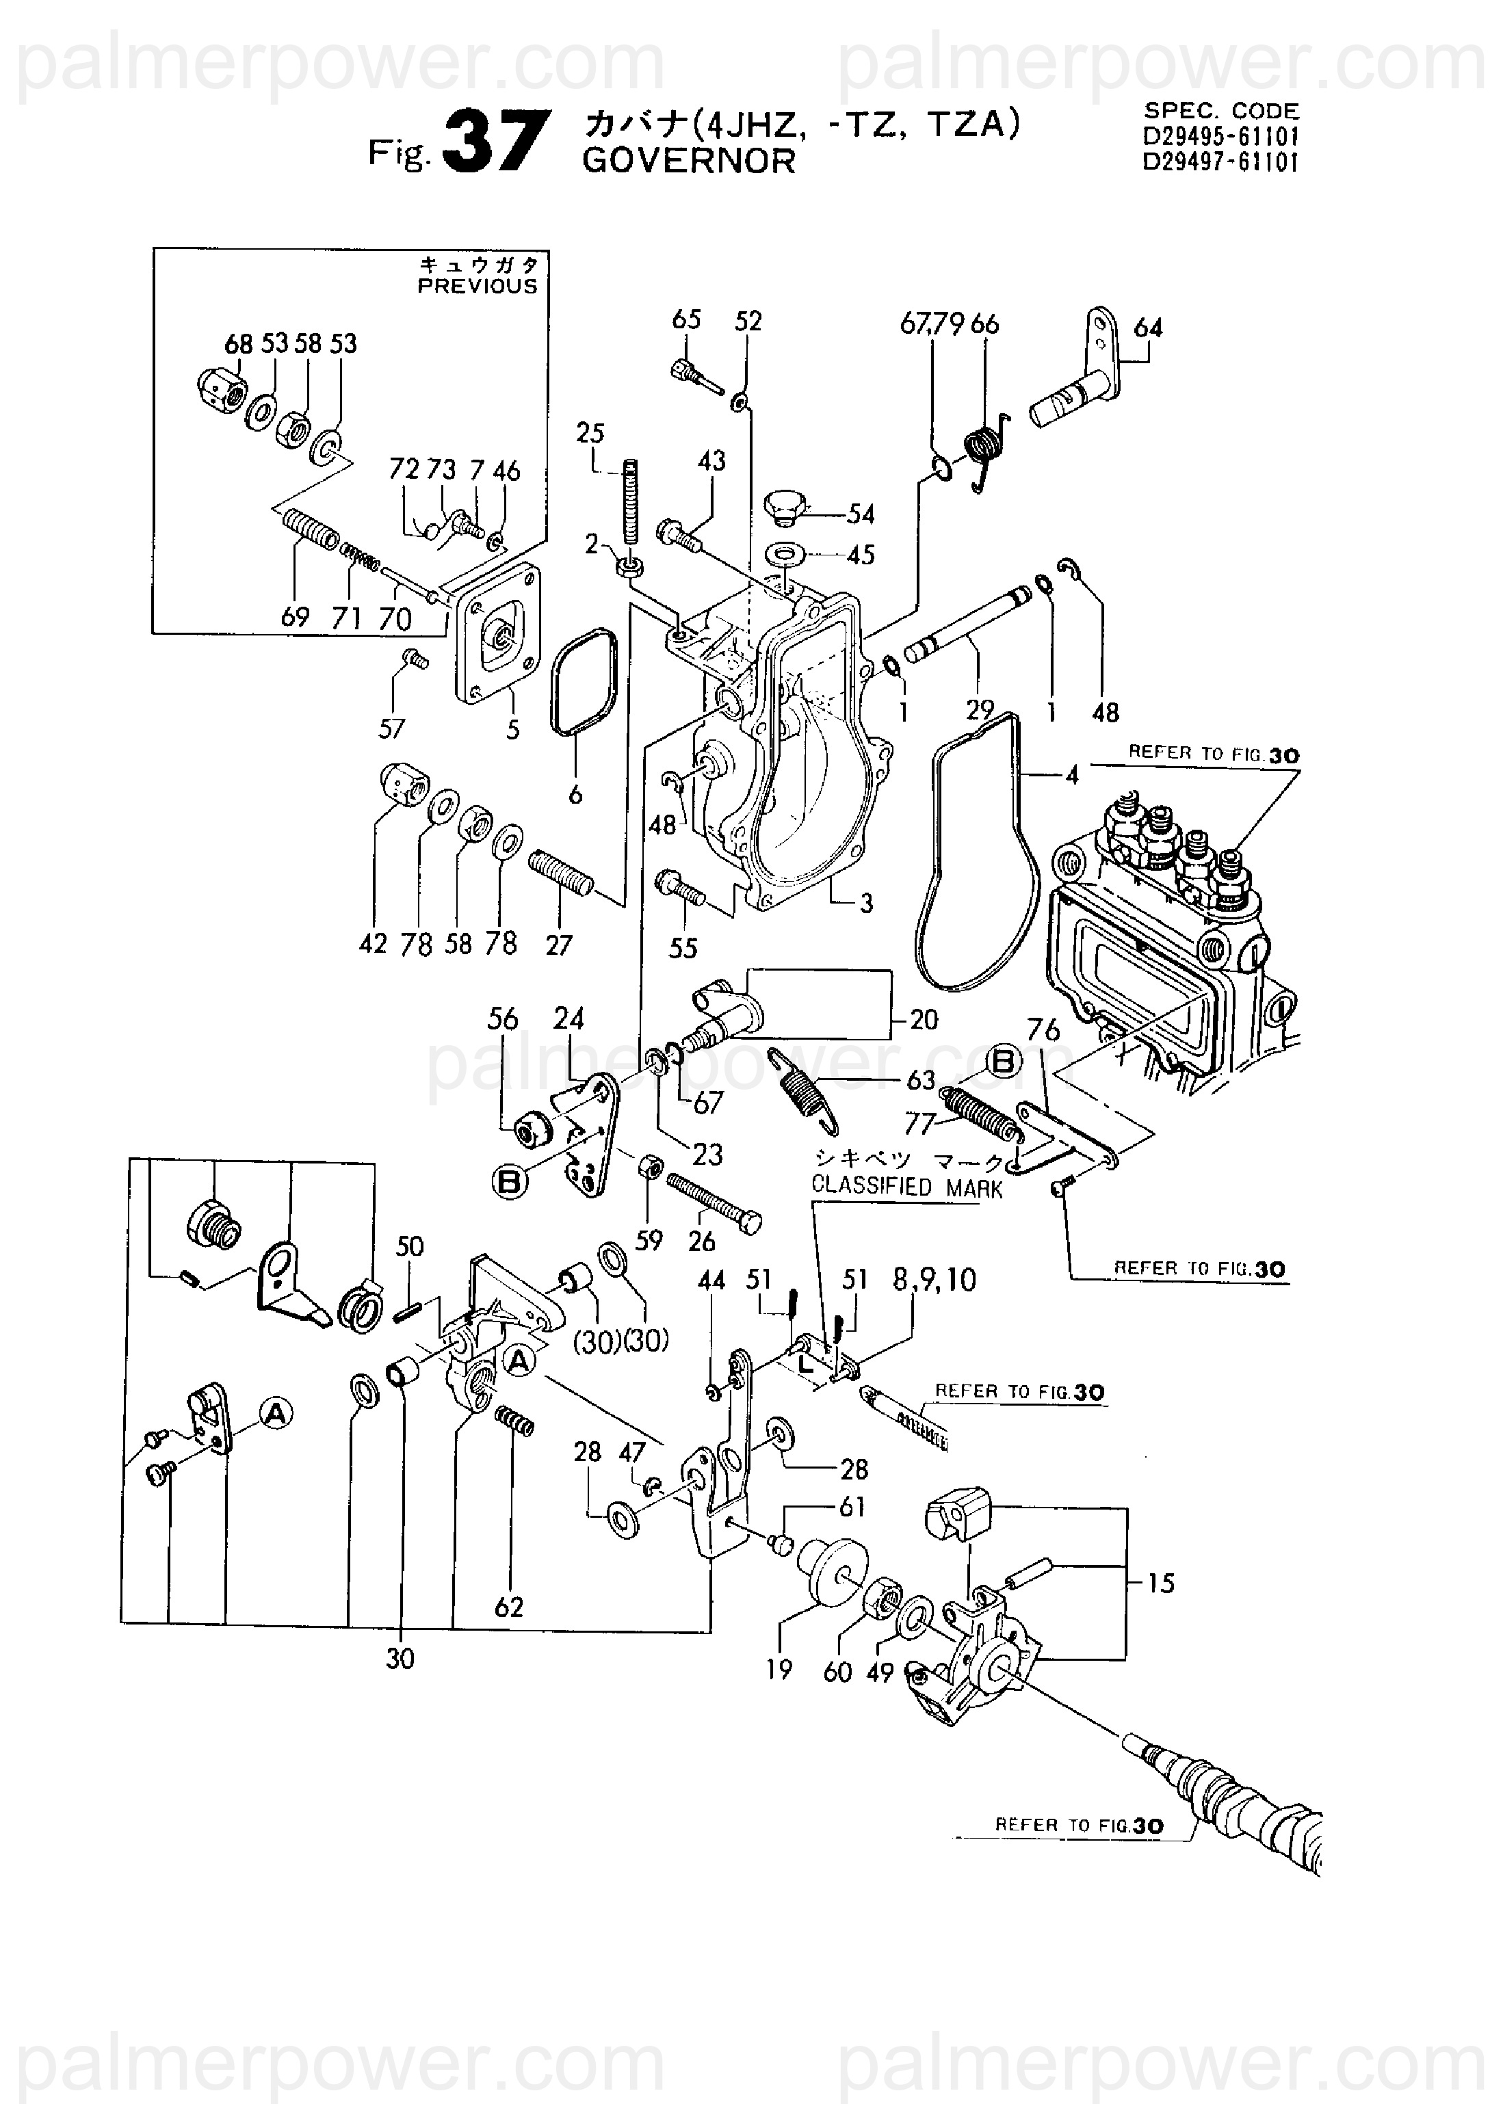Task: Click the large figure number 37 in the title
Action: point(496,142)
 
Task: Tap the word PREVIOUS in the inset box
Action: point(477,286)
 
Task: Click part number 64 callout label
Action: point(1148,328)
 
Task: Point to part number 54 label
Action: point(861,514)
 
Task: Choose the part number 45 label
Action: point(861,555)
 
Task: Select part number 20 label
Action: point(924,1020)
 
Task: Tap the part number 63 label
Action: point(921,1080)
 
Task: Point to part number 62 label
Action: point(509,1607)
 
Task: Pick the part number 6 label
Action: point(575,794)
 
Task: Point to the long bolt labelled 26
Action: point(714,1205)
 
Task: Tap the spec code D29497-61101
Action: point(1220,162)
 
